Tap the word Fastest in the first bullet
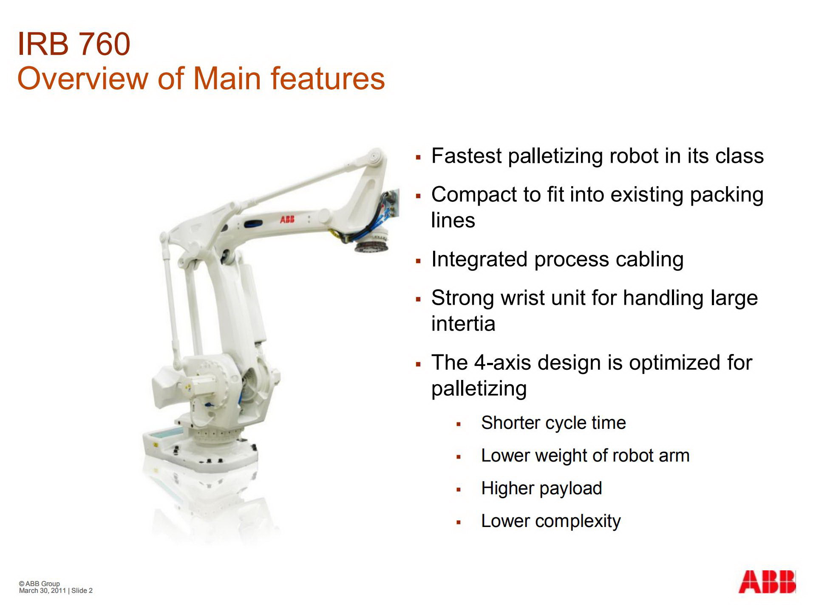[466, 156]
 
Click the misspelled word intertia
[463, 324]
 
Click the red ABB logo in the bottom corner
[767, 582]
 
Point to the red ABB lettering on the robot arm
[287, 219]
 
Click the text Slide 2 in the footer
[82, 591]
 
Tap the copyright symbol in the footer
[22, 584]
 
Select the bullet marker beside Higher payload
[459, 489]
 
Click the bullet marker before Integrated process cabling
[419, 261]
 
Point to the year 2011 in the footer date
[59, 591]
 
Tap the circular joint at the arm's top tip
[375, 156]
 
